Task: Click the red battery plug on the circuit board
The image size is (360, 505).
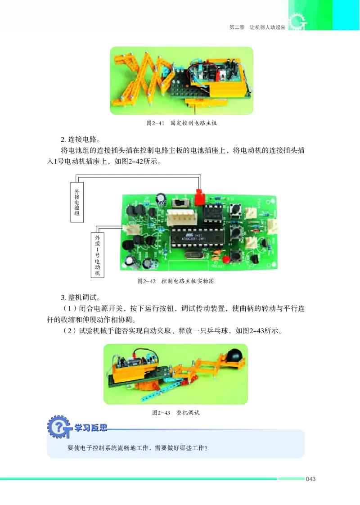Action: [x=199, y=198]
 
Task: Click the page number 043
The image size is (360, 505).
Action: [x=311, y=478]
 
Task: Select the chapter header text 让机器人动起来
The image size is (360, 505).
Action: [x=268, y=27]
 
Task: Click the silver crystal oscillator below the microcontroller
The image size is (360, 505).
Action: [x=193, y=257]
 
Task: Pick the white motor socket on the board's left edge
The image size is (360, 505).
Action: [x=132, y=230]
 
